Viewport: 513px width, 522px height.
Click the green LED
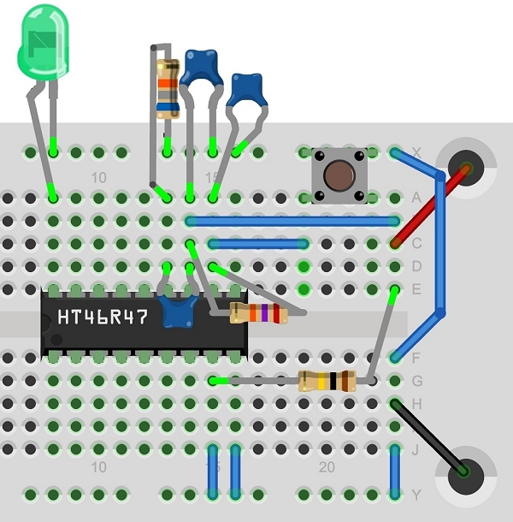click(41, 43)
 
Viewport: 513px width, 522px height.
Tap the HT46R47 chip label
click(103, 317)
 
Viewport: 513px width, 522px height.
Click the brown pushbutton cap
click(339, 175)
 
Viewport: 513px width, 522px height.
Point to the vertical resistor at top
click(168, 87)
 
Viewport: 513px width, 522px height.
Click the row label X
click(417, 152)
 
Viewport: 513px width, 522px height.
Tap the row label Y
click(417, 495)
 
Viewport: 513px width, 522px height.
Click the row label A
click(417, 198)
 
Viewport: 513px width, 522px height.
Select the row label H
click(417, 402)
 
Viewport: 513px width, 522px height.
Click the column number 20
click(327, 467)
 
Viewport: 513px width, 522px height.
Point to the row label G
click(417, 380)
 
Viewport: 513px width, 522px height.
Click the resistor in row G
click(327, 381)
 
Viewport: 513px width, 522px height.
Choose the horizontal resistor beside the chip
click(259, 313)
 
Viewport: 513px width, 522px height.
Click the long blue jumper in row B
click(291, 221)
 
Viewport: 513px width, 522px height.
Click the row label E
click(417, 289)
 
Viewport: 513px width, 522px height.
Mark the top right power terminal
click(467, 164)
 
